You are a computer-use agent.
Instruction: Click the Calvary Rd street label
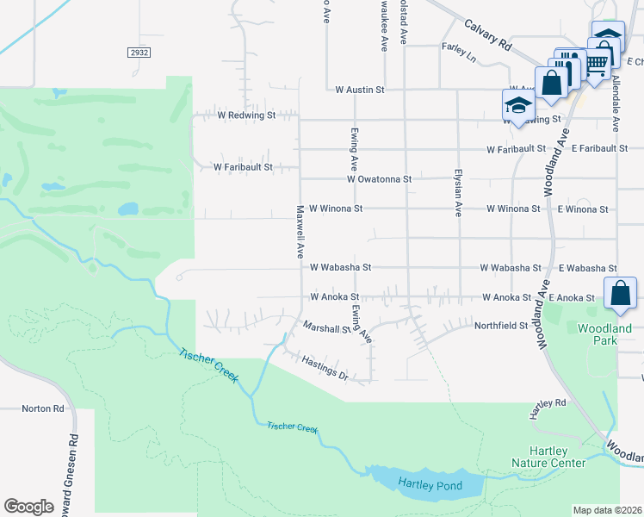[x=486, y=35]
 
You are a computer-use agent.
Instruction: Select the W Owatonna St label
[x=380, y=179]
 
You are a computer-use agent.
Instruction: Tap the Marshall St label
[x=325, y=327]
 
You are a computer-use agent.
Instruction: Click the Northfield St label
[x=500, y=326]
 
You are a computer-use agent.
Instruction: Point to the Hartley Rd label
[x=548, y=402]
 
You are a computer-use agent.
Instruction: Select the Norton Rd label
[x=43, y=408]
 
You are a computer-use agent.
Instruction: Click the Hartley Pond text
[x=430, y=486]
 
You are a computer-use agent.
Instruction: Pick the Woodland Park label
[x=604, y=334]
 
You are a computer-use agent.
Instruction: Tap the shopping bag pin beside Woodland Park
[x=621, y=294]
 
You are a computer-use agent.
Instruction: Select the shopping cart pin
[x=596, y=62]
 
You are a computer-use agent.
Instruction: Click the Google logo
[x=28, y=507]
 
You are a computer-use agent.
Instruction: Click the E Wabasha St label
[x=587, y=268]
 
